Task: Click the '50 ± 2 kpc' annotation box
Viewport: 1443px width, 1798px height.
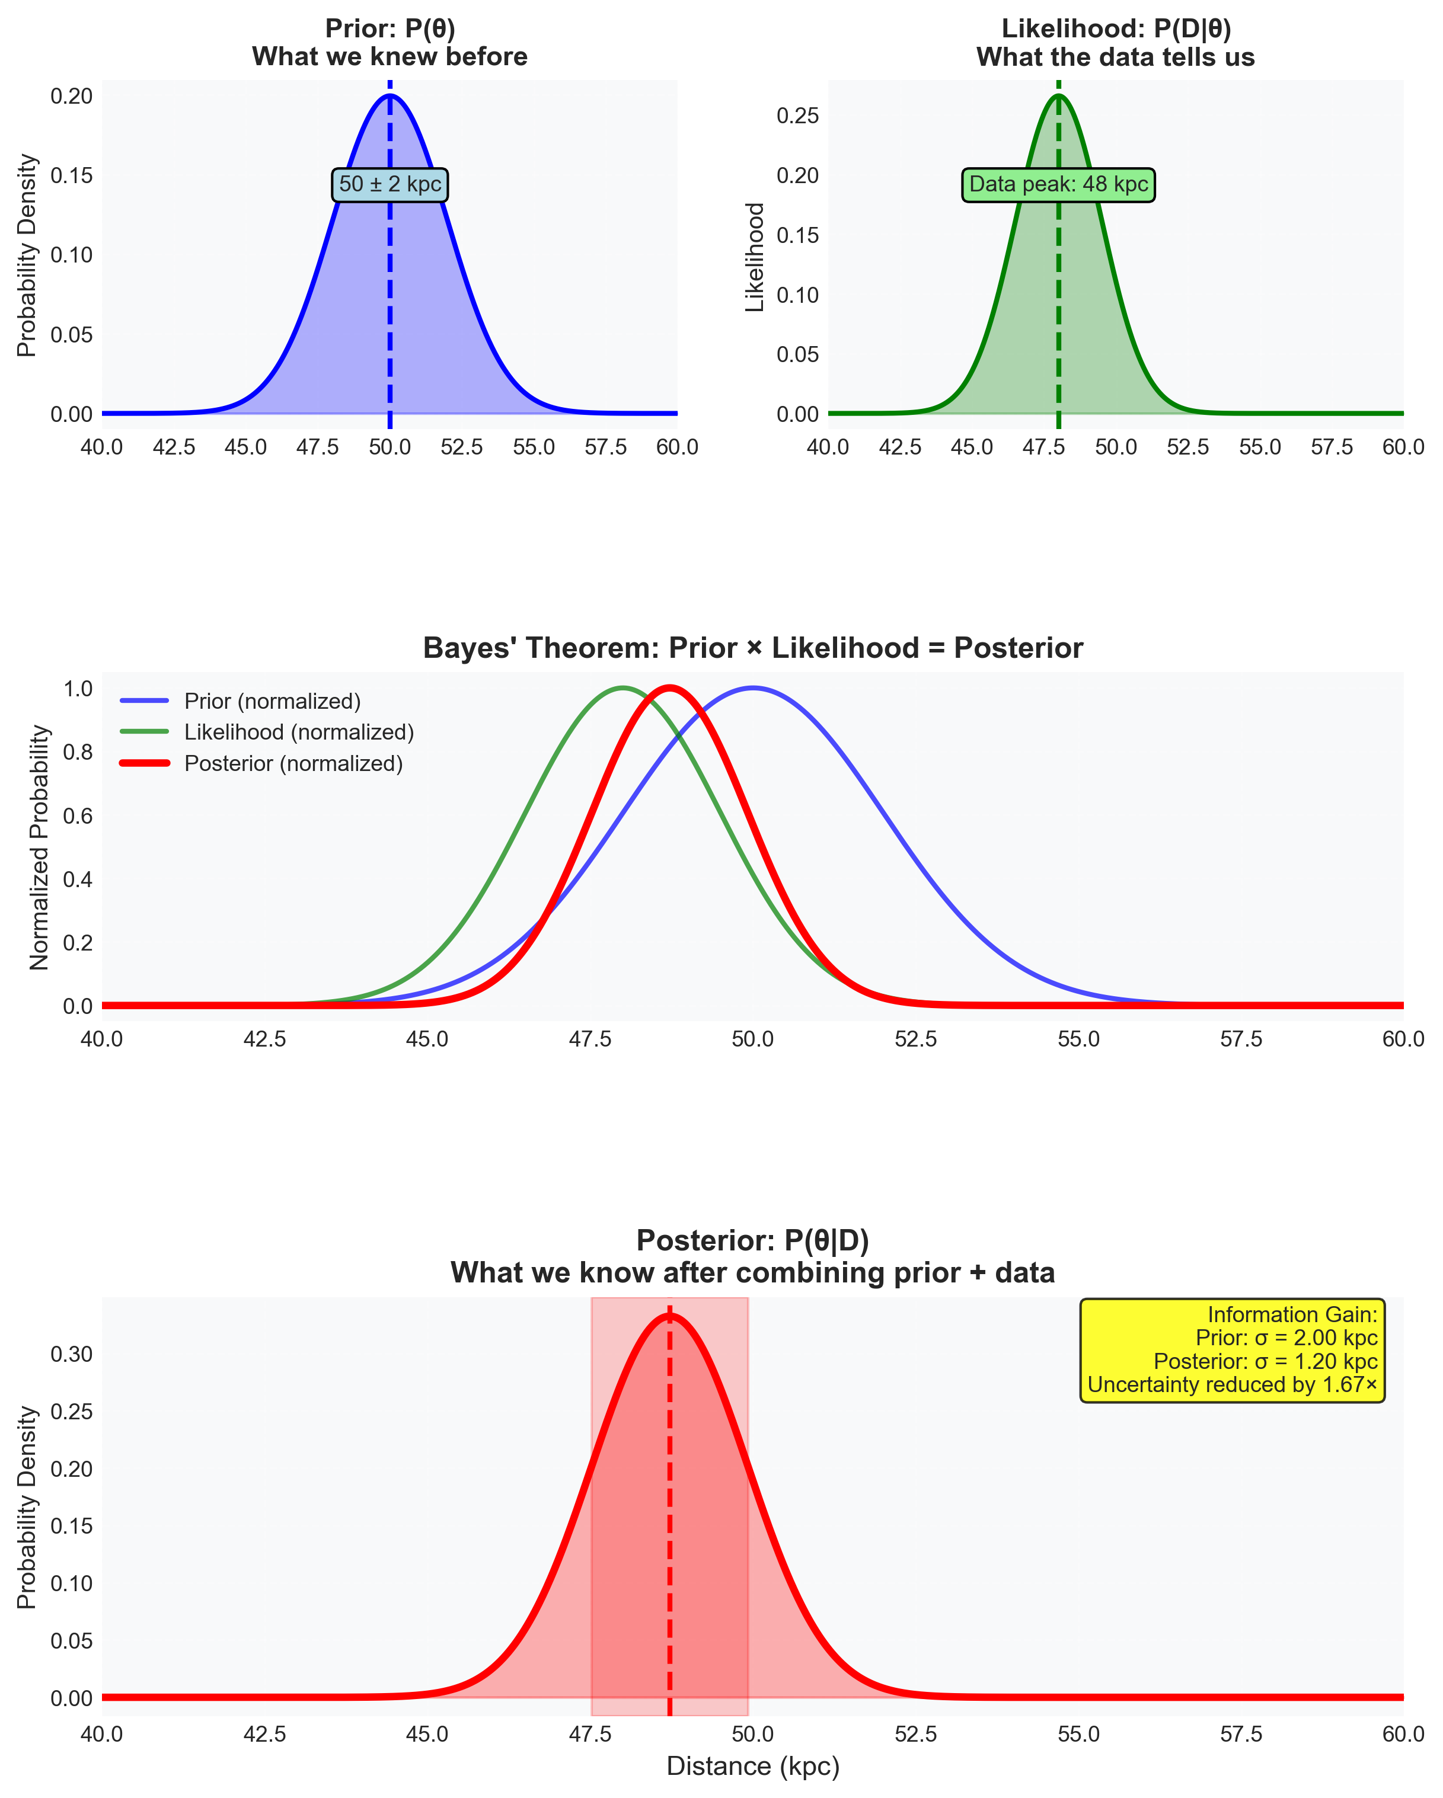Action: click(x=390, y=184)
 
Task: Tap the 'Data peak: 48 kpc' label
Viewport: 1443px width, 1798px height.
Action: click(x=1058, y=184)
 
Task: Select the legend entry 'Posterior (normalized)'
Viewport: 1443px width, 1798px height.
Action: click(x=293, y=763)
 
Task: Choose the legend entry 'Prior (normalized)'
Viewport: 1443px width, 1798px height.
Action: click(x=273, y=700)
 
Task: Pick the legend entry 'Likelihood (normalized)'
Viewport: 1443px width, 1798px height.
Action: click(x=299, y=732)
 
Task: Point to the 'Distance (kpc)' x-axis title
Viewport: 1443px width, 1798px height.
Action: click(x=752, y=1765)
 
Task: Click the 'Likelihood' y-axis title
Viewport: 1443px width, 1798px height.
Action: click(x=755, y=257)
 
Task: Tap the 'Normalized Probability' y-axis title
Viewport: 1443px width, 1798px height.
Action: click(x=39, y=847)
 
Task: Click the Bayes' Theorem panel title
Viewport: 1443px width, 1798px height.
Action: click(x=752, y=648)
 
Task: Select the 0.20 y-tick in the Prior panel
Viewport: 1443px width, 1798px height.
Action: click(x=71, y=96)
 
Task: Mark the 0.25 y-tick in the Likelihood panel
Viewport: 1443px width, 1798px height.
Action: click(x=797, y=116)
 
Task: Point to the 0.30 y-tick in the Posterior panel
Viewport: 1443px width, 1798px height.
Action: click(x=71, y=1354)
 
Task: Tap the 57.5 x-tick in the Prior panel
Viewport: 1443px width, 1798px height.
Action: click(x=605, y=447)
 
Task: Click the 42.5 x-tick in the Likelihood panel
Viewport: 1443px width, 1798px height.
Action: click(x=900, y=447)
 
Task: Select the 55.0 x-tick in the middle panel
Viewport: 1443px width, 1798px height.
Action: click(x=1078, y=1039)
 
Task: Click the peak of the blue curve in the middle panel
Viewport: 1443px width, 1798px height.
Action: click(x=753, y=688)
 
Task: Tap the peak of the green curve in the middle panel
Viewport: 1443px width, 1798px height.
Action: click(x=622, y=688)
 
